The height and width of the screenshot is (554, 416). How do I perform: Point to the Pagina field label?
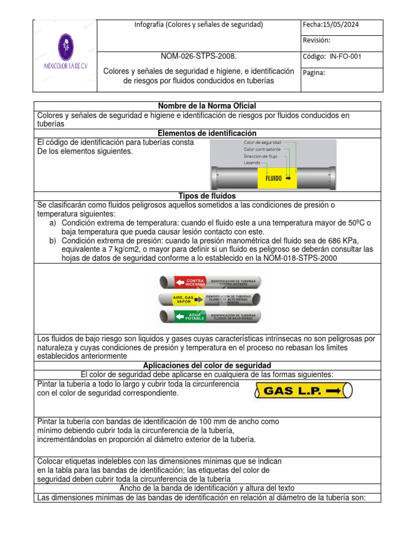click(314, 73)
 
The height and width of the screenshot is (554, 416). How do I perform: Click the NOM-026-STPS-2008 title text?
click(198, 57)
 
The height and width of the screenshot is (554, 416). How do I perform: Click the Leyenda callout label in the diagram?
click(252, 162)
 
